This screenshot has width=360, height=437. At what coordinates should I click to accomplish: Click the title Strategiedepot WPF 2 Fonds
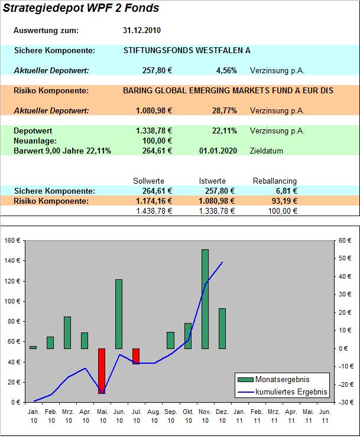(x=81, y=8)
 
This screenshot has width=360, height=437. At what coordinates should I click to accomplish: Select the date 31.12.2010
(x=142, y=31)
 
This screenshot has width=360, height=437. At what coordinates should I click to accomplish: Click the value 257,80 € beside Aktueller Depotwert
(x=157, y=70)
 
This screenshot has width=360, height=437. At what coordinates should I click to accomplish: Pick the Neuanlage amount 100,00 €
(x=157, y=141)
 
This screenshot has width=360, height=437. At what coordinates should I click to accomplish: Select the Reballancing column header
(x=275, y=181)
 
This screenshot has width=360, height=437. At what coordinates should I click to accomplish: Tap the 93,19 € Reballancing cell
(x=283, y=201)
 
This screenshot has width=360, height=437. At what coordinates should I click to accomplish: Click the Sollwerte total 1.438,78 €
(x=154, y=211)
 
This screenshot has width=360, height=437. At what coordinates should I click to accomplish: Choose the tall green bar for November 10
(x=205, y=299)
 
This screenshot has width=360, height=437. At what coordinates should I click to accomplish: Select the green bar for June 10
(x=119, y=314)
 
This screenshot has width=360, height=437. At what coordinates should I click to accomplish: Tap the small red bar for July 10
(x=136, y=356)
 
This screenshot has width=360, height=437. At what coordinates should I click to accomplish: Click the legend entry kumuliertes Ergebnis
(x=290, y=391)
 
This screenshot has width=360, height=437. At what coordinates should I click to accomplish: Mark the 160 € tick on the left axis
(x=12, y=241)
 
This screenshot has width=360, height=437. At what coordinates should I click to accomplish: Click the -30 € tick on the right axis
(x=346, y=402)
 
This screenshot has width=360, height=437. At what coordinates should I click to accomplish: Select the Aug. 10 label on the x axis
(x=153, y=415)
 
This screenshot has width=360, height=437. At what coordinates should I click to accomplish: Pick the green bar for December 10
(x=222, y=328)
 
